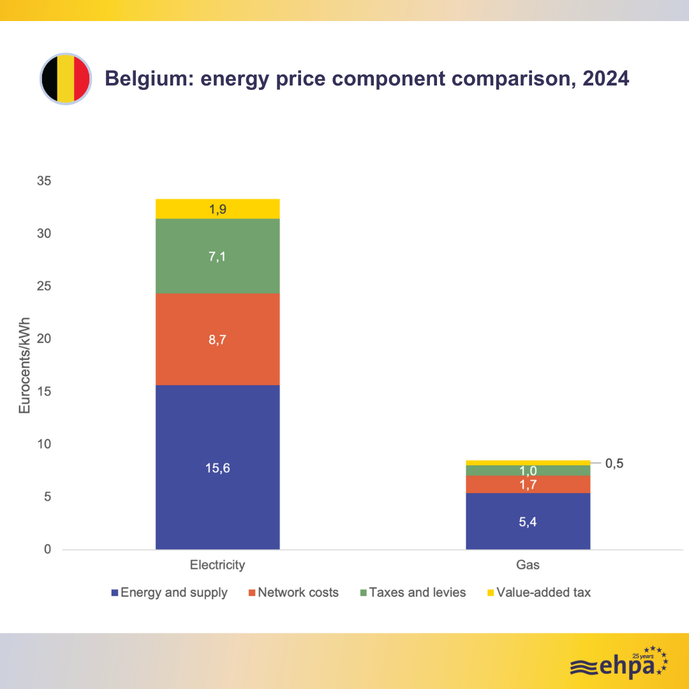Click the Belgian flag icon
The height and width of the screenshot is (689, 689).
[x=66, y=79]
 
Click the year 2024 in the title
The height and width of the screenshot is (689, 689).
[x=605, y=78]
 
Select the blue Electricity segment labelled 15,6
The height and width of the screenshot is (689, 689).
[x=218, y=467]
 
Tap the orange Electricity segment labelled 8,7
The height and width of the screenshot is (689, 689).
[x=218, y=339]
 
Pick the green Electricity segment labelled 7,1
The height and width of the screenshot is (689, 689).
[x=218, y=256]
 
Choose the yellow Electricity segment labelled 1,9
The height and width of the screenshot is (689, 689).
[x=218, y=209]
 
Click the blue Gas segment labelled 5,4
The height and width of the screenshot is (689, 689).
[x=528, y=521]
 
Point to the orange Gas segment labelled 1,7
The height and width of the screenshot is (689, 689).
[x=528, y=484]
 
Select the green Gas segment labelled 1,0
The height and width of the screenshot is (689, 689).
[x=528, y=470]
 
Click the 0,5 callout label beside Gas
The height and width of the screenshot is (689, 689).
[x=614, y=463]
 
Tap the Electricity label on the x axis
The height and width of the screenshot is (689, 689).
[x=218, y=565]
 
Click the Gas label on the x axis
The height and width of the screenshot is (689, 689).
[x=528, y=565]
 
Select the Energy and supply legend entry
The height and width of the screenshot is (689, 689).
[x=170, y=593]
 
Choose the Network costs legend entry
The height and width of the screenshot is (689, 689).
[x=293, y=593]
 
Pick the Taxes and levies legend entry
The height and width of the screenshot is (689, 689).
[x=413, y=593]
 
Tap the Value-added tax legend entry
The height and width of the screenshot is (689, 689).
[x=538, y=593]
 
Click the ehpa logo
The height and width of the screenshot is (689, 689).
[x=618, y=664]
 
